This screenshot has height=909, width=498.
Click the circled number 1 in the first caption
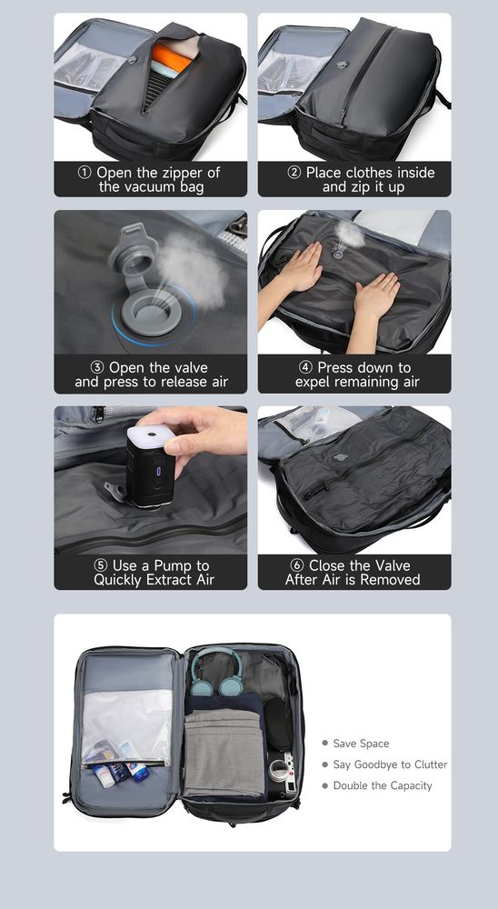[85, 173]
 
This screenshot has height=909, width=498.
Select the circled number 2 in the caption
[294, 173]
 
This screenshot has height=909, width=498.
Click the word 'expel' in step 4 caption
[313, 382]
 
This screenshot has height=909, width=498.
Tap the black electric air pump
[148, 466]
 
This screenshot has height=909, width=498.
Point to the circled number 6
[297, 565]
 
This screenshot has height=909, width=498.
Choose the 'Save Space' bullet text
[361, 744]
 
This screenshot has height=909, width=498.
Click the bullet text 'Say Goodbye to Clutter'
[390, 764]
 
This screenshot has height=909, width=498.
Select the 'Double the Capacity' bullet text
[383, 785]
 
